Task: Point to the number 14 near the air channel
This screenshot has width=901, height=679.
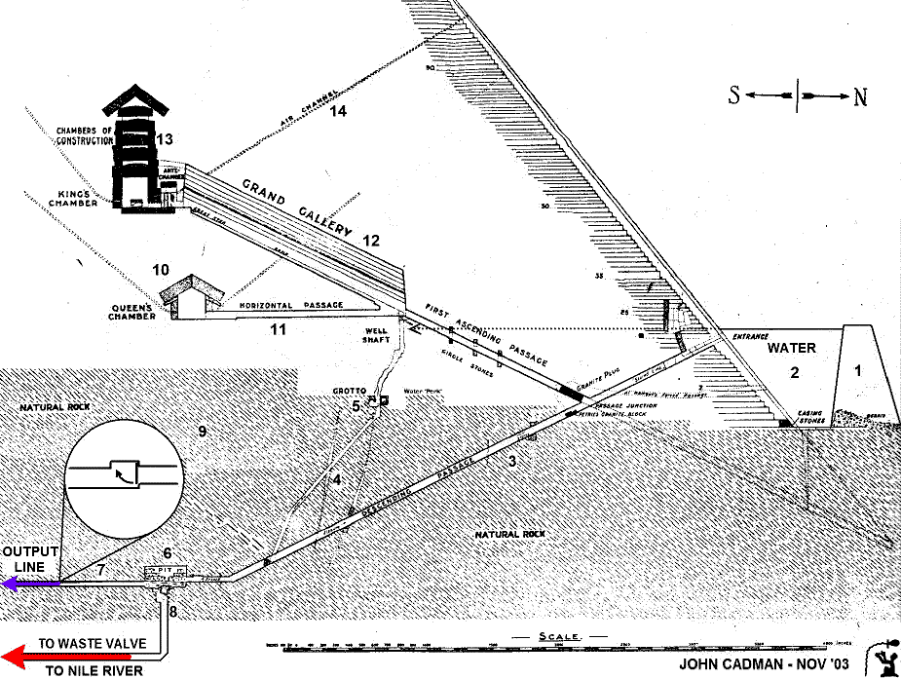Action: pyautogui.click(x=337, y=111)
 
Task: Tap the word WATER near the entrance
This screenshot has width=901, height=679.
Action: pyautogui.click(x=791, y=348)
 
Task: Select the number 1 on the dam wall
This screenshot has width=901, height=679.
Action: pyautogui.click(x=858, y=369)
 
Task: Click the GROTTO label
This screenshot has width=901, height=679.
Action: pyautogui.click(x=348, y=391)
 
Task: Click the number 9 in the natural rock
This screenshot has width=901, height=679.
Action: pyautogui.click(x=203, y=431)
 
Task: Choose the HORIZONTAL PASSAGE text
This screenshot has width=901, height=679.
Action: pyautogui.click(x=291, y=305)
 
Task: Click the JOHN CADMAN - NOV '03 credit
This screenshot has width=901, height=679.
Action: pyautogui.click(x=766, y=664)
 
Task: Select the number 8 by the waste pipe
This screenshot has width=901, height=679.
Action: pyautogui.click(x=173, y=612)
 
